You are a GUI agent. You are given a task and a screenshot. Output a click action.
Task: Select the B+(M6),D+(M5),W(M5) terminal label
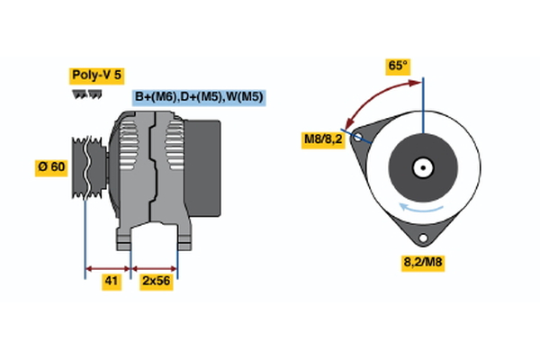tap(198, 97)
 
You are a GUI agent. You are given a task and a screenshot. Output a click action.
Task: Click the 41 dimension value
tap(111, 282)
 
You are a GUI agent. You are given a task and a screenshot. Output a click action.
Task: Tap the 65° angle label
tap(397, 66)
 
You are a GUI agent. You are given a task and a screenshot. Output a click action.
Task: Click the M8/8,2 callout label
tap(322, 139)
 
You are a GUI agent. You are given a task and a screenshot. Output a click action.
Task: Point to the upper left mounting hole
tap(360, 138)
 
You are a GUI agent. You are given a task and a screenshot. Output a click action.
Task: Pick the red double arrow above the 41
tap(108, 268)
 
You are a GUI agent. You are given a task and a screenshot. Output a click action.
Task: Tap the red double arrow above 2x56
tap(154, 268)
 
